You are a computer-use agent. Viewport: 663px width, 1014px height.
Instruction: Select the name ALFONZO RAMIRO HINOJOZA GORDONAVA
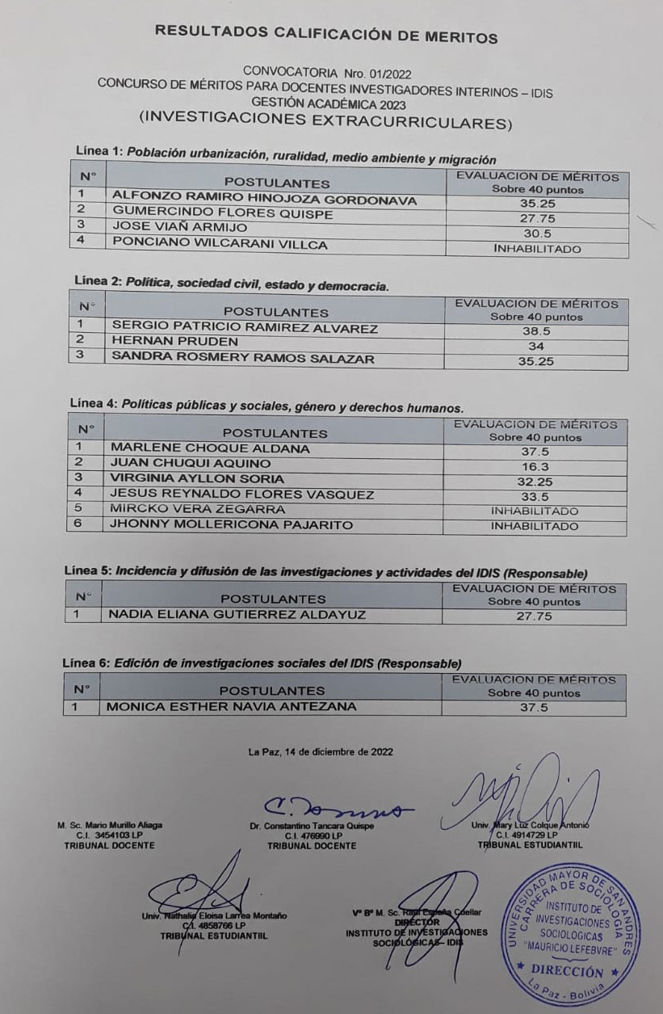tap(264, 199)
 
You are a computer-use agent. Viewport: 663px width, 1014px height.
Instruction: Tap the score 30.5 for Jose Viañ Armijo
tap(537, 233)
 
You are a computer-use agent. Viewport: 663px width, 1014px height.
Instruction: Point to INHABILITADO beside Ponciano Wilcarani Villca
tap(537, 249)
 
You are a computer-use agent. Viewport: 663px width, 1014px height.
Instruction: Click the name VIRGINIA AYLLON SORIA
tap(197, 478)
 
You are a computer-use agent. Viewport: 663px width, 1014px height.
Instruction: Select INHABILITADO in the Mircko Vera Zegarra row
tap(535, 511)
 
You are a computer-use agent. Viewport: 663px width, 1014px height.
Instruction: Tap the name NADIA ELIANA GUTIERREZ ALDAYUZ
tap(237, 615)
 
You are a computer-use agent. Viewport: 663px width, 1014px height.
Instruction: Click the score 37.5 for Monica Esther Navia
tap(534, 707)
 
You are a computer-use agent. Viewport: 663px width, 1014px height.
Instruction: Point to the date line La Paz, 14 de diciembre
tap(321, 751)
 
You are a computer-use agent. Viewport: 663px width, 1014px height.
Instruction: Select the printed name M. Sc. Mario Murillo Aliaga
tap(110, 826)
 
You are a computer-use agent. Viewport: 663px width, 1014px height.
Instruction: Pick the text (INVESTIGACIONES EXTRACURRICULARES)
tap(325, 121)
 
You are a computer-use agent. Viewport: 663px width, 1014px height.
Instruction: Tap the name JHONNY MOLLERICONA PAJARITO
tap(231, 525)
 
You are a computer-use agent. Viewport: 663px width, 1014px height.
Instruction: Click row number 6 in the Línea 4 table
tap(79, 525)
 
